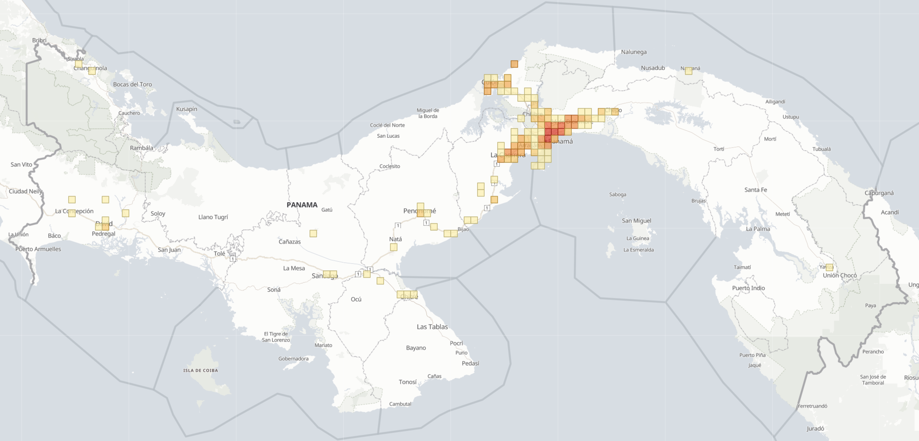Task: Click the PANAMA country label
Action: pos(302,205)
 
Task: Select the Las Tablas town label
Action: pos(432,327)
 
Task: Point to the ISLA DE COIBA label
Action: pos(201,370)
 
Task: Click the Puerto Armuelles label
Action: pos(38,249)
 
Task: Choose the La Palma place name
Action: pos(758,229)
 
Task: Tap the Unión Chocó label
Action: pos(839,275)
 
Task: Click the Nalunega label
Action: pos(634,52)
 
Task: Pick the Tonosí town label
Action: pos(408,382)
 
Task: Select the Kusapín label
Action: pos(187,109)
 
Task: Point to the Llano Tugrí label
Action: pos(213,217)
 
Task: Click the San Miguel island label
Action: pos(636,221)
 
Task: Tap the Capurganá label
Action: pos(879,193)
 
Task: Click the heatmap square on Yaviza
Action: pos(829,267)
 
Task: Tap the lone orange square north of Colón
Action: pos(514,64)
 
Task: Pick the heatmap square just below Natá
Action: pos(394,247)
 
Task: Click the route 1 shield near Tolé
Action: pos(233,259)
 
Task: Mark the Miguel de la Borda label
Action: pos(428,113)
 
